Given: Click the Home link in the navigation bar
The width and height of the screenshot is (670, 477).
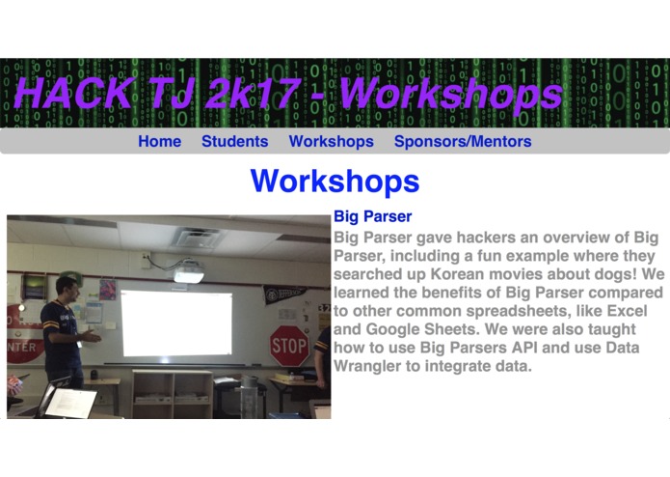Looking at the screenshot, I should click(x=159, y=142).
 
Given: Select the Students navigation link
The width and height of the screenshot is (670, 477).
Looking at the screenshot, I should click(x=234, y=142).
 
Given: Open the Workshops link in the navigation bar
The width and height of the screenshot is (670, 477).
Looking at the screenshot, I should click(x=331, y=142).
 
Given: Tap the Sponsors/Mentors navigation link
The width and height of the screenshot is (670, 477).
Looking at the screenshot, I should click(x=462, y=142).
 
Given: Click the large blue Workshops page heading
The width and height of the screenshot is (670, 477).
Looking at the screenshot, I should click(x=335, y=181).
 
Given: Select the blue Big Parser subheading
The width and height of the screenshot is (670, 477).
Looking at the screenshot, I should click(x=372, y=217).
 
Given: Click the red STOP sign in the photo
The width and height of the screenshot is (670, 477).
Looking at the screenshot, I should click(x=289, y=345).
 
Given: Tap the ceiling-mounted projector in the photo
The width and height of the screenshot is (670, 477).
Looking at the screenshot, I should click(x=189, y=273).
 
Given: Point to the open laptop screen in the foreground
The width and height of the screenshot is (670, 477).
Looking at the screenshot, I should click(x=70, y=403).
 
